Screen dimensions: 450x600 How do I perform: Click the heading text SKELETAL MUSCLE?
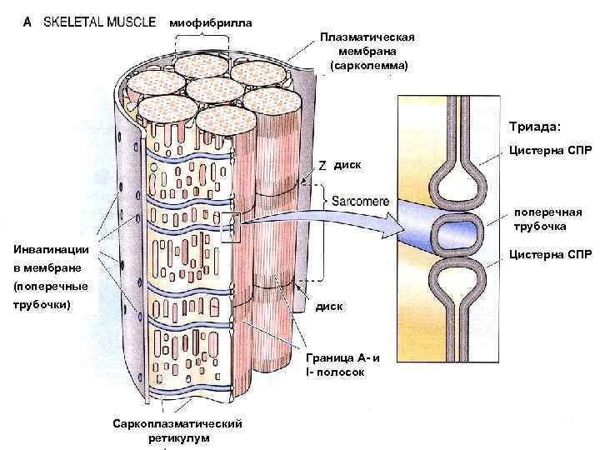tap(99, 22)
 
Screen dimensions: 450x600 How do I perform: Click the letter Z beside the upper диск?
tap(322, 164)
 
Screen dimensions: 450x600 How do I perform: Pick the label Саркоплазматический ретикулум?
tap(177, 431)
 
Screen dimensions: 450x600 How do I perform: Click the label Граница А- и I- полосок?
tap(342, 365)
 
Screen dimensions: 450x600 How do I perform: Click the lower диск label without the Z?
tap(328, 307)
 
